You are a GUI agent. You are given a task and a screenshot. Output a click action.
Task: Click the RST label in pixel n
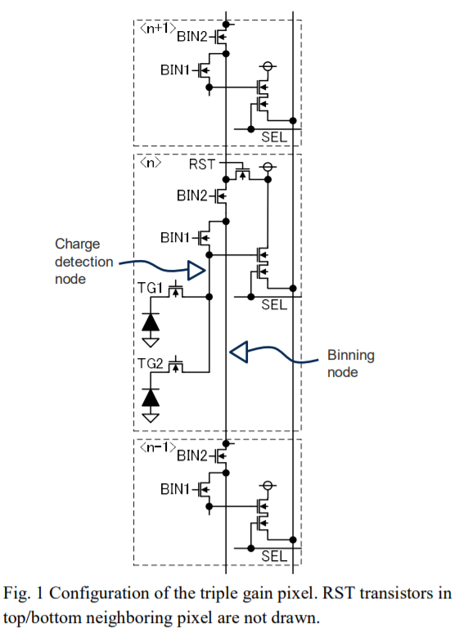(202, 164)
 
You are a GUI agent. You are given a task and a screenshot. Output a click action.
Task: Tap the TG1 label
(150, 288)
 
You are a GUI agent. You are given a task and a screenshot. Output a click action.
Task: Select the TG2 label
(150, 364)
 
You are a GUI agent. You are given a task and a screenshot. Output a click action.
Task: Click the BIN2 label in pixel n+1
(192, 37)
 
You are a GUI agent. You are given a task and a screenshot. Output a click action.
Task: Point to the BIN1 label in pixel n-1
(175, 489)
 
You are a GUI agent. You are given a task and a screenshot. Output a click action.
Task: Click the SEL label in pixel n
(274, 305)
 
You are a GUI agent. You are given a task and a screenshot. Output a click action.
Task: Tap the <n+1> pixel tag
(158, 29)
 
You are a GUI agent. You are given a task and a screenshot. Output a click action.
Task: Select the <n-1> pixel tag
(158, 447)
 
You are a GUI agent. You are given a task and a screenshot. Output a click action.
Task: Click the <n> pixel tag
(151, 163)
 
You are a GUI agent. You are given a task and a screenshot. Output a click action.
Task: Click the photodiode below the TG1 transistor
(151, 322)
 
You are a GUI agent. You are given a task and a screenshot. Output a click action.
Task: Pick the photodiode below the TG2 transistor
(151, 397)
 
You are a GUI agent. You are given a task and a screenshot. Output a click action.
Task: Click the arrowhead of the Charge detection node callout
(197, 271)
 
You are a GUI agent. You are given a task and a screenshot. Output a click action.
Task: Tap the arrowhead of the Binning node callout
(238, 352)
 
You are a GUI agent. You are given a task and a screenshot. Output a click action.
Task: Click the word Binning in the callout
(351, 355)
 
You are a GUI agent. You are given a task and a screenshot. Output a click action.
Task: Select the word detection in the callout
(84, 262)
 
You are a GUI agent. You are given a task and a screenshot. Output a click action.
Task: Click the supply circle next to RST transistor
(268, 167)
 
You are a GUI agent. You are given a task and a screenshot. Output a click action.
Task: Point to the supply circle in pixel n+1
(268, 66)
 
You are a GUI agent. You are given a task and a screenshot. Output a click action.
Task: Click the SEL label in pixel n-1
(274, 556)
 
